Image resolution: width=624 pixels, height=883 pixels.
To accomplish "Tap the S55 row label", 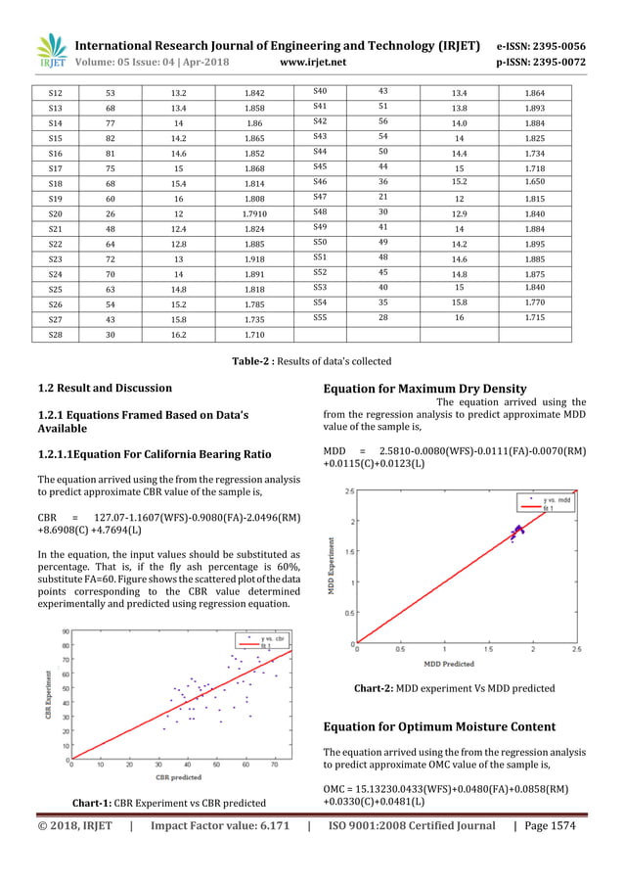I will (x=320, y=318).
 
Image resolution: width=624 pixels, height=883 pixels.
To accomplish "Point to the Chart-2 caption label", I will (x=373, y=688).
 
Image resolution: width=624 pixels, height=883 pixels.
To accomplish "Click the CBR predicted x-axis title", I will (x=172, y=778).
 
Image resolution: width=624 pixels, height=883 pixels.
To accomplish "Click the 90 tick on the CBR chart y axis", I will (x=65, y=631).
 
